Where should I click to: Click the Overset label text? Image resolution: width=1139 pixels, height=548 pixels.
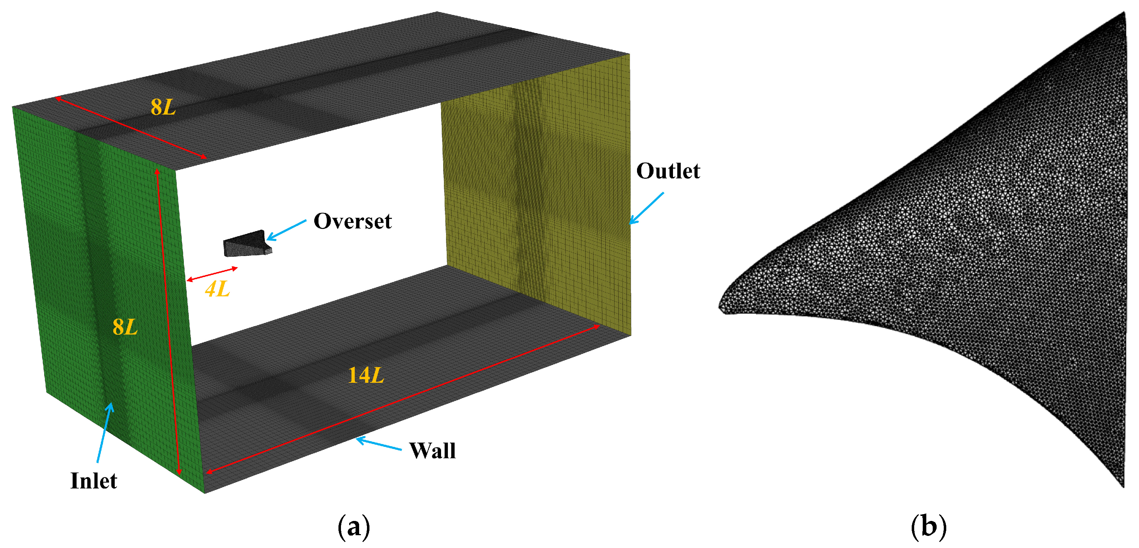[352, 221]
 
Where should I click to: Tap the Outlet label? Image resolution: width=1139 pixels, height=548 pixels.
[668, 171]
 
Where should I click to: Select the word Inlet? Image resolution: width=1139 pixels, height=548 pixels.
[94, 481]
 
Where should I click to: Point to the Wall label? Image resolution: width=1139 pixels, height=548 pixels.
[432, 451]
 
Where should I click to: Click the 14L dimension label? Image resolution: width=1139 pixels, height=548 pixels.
[366, 375]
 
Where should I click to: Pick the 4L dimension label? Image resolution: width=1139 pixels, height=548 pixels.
[218, 289]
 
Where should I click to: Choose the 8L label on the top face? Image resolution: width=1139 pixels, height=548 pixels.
[163, 107]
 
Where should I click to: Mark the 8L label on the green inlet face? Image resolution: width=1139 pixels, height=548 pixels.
[125, 327]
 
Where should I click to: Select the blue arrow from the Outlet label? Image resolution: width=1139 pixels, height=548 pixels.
[646, 208]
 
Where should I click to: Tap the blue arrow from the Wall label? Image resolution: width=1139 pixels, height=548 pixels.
[378, 443]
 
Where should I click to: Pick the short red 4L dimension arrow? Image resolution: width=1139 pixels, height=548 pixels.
[212, 274]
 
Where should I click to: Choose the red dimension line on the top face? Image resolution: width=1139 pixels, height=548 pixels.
[130, 128]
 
